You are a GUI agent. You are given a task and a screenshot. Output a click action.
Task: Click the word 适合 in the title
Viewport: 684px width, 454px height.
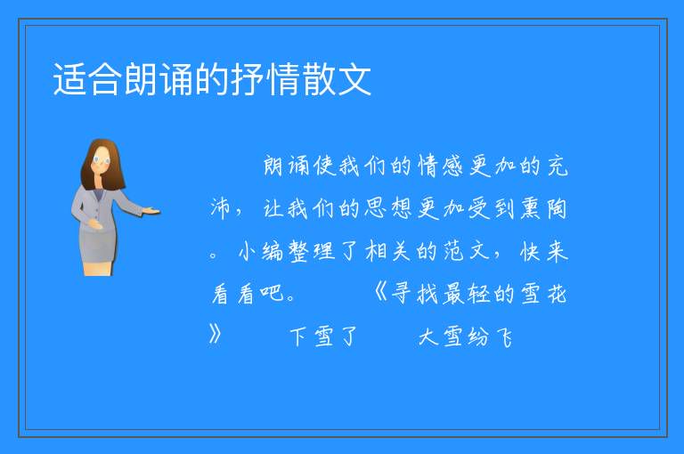coord(85,79)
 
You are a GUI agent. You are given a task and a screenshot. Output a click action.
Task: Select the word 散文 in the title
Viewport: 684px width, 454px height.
coord(337,79)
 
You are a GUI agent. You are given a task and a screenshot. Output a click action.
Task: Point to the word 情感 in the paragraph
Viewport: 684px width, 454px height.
coord(440,166)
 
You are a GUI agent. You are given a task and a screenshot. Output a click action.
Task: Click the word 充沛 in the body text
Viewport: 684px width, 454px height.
coord(388,187)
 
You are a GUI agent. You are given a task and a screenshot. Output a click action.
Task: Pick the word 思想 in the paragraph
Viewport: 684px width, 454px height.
coord(388,208)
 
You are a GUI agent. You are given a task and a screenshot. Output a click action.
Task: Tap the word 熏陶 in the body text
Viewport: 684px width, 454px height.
coord(543,208)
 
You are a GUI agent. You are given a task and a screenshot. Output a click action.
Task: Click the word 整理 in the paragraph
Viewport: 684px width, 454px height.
coord(312,252)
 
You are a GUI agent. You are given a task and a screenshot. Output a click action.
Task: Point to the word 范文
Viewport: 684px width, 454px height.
coord(466,252)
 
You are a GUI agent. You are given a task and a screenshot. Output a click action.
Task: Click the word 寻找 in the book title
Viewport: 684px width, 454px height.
coord(414,293)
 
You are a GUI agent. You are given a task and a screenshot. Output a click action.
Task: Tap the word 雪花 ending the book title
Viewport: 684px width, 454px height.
coord(543,293)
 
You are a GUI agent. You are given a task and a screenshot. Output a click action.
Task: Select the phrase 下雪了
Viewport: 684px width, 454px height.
coord(323,336)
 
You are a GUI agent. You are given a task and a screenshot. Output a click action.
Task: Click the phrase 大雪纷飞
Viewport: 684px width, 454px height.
coord(465,336)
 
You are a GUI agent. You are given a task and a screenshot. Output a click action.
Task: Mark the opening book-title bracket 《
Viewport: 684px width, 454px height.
coord(380,293)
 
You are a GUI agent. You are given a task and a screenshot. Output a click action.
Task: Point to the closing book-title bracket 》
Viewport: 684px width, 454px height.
coord(216,336)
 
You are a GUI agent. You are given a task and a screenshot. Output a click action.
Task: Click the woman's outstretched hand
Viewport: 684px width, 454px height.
coord(151,212)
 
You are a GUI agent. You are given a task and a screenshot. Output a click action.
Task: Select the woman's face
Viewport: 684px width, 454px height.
coord(102,159)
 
